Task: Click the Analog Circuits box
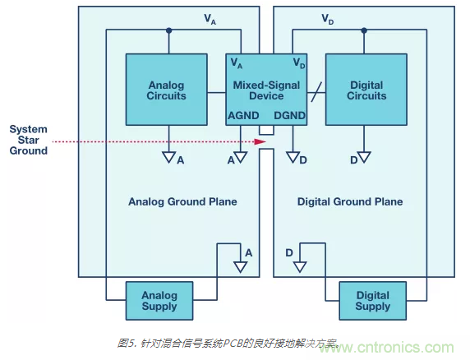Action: point(167,90)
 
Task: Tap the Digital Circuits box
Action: point(366,90)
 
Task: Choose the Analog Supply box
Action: point(159,301)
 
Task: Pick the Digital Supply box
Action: point(372,301)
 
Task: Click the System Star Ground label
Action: point(28,140)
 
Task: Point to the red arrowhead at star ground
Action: point(261,141)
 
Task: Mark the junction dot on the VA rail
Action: point(168,30)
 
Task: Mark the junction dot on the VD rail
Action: point(363,30)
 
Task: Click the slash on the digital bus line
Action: point(316,90)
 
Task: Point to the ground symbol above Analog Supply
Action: point(240,267)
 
